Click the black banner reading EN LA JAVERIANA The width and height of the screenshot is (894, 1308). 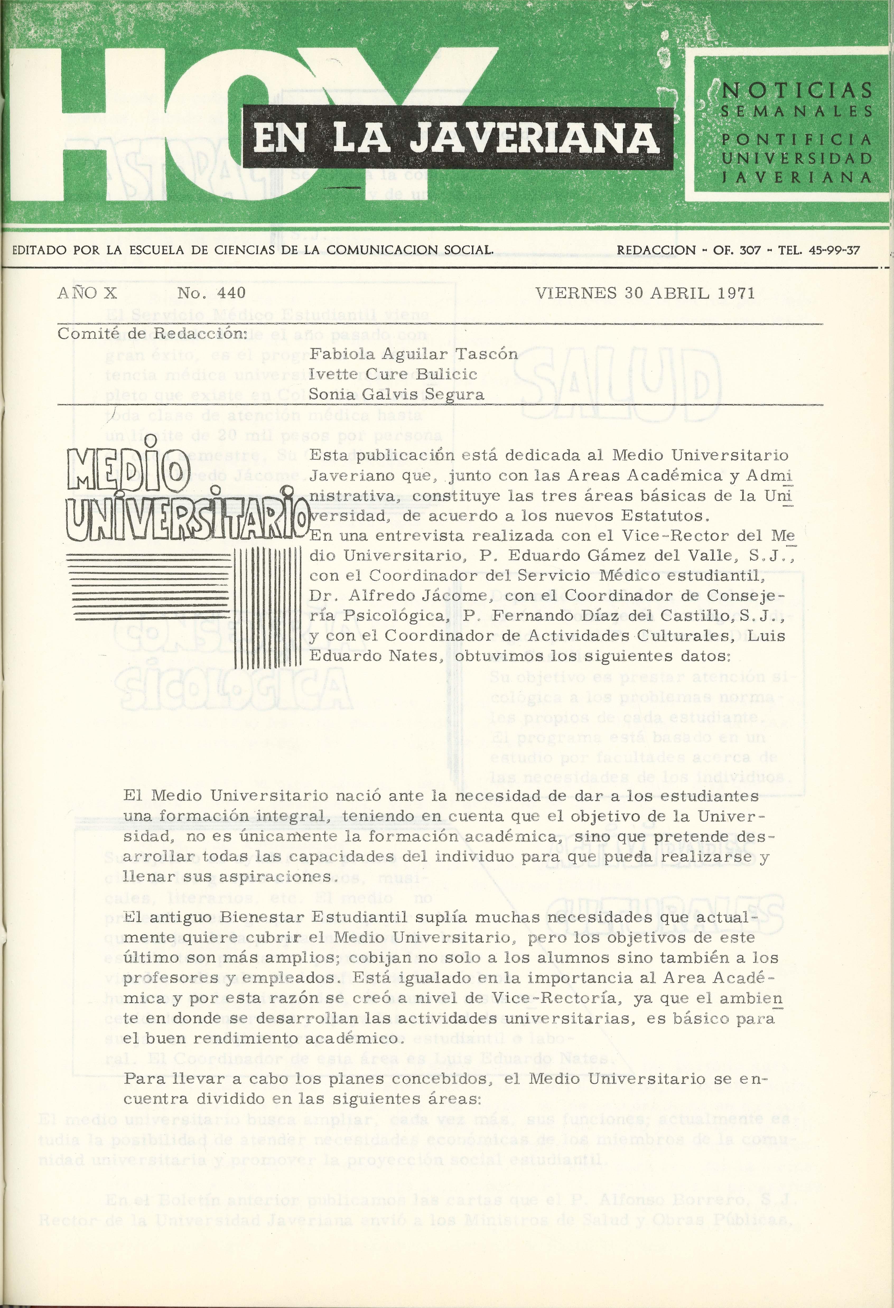[457, 138]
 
